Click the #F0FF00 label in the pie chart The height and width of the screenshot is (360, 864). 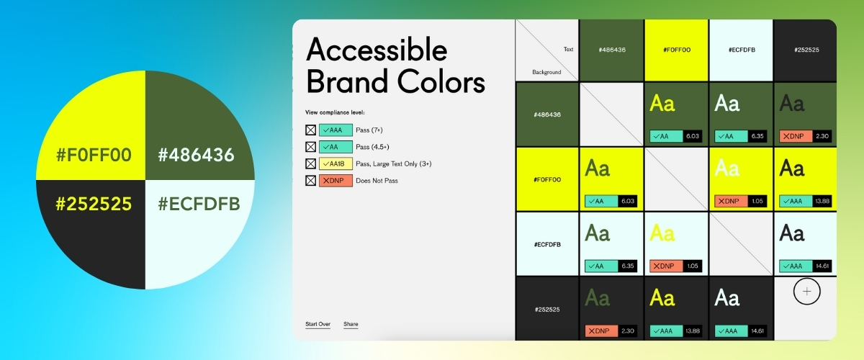click(94, 156)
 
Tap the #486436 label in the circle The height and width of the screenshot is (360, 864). click(196, 156)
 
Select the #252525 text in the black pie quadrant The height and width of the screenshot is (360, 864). click(94, 204)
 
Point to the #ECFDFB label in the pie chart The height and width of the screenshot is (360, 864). click(199, 204)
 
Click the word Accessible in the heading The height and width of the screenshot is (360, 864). click(377, 50)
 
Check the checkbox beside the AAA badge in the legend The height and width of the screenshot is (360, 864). click(311, 130)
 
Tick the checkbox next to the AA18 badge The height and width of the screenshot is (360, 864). click(311, 163)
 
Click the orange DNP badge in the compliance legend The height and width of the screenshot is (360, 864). click(336, 181)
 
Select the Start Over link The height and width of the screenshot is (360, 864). click(318, 325)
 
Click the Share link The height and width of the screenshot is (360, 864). click(351, 325)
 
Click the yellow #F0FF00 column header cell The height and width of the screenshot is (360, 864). click(676, 50)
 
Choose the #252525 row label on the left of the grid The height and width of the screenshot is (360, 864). click(547, 310)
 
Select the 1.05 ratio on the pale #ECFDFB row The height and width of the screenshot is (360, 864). click(692, 266)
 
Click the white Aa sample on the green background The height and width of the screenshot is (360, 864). click(727, 104)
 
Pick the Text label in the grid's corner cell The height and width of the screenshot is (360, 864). click(568, 50)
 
